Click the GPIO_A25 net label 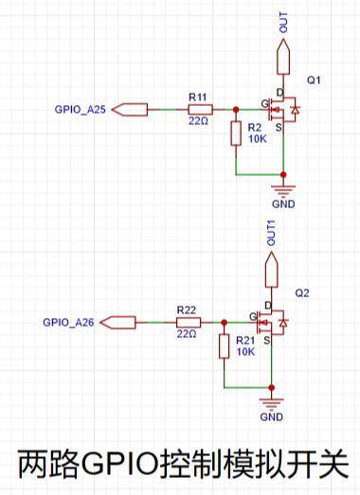tap(80, 110)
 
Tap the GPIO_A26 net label tap(68, 323)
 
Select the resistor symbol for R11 tap(201, 110)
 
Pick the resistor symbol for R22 tap(189, 323)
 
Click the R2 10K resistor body tap(236, 133)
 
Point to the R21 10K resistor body tap(225, 346)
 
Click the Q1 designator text tap(314, 80)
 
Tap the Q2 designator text tap(302, 293)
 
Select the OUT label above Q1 tap(283, 23)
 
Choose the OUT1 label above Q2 tap(271, 233)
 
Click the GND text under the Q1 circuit tap(283, 203)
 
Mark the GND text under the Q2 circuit tap(271, 417)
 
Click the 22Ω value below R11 tap(199, 120)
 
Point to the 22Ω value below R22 tap(187, 334)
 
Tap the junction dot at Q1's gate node tap(236, 110)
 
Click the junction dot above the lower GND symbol tap(271, 388)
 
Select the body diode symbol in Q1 tap(296, 110)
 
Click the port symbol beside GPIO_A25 tap(130, 110)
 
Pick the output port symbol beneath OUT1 tap(271, 270)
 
